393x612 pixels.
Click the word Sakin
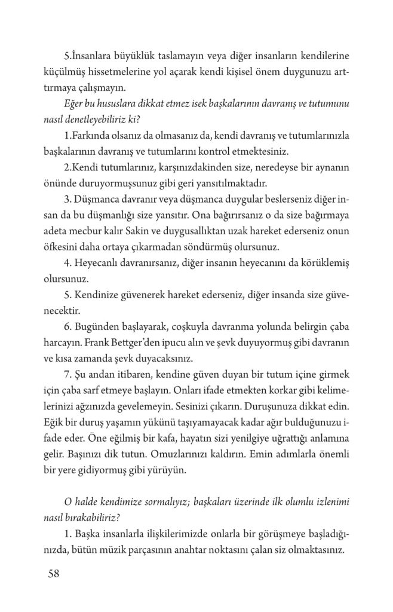coord(168,230)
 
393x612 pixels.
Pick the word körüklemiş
coord(322,262)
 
